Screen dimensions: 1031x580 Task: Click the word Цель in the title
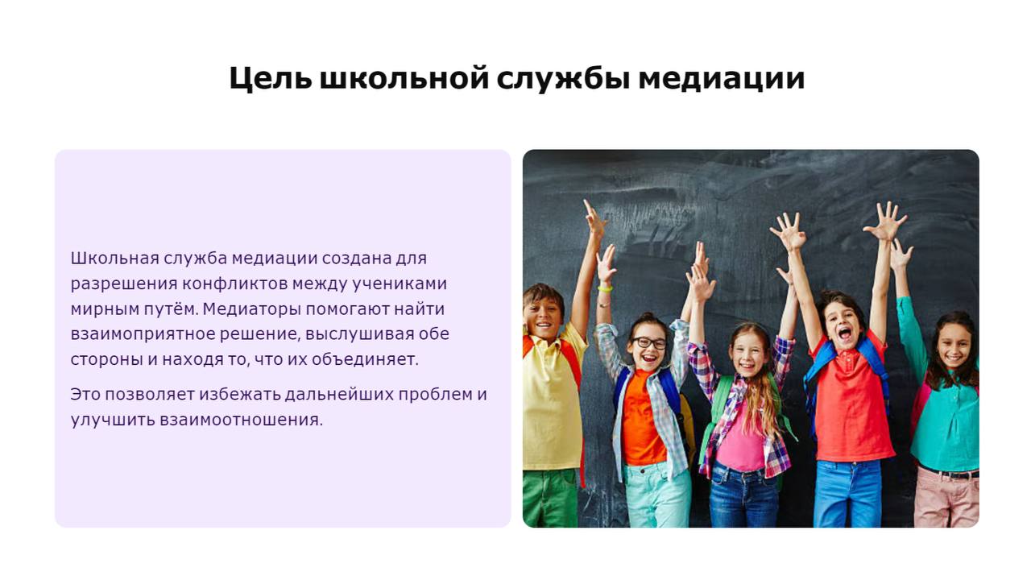click(270, 78)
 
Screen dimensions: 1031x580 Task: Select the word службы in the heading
click(563, 78)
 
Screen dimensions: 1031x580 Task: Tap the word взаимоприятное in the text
click(143, 334)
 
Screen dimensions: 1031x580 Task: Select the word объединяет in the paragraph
click(365, 359)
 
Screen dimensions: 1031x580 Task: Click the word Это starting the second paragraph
click(85, 395)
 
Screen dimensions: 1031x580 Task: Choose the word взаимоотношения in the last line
click(241, 420)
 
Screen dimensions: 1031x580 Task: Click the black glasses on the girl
click(648, 342)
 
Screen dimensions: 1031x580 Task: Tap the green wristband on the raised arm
click(605, 288)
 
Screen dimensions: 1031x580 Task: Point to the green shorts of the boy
click(550, 498)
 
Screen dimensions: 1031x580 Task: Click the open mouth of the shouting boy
click(844, 333)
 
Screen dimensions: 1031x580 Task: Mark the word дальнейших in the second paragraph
click(339, 395)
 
